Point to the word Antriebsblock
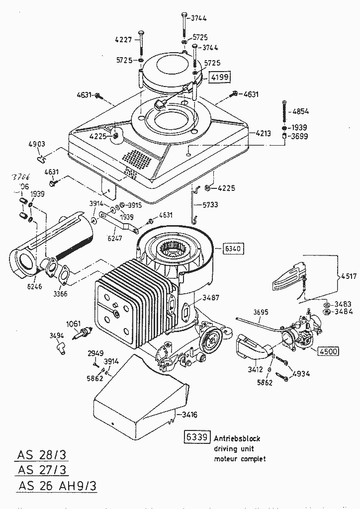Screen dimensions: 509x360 point(237,438)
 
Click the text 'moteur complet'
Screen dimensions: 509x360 point(240,459)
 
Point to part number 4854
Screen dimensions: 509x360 point(301,111)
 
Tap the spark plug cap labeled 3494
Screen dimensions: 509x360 point(61,345)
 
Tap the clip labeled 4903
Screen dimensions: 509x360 point(42,159)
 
